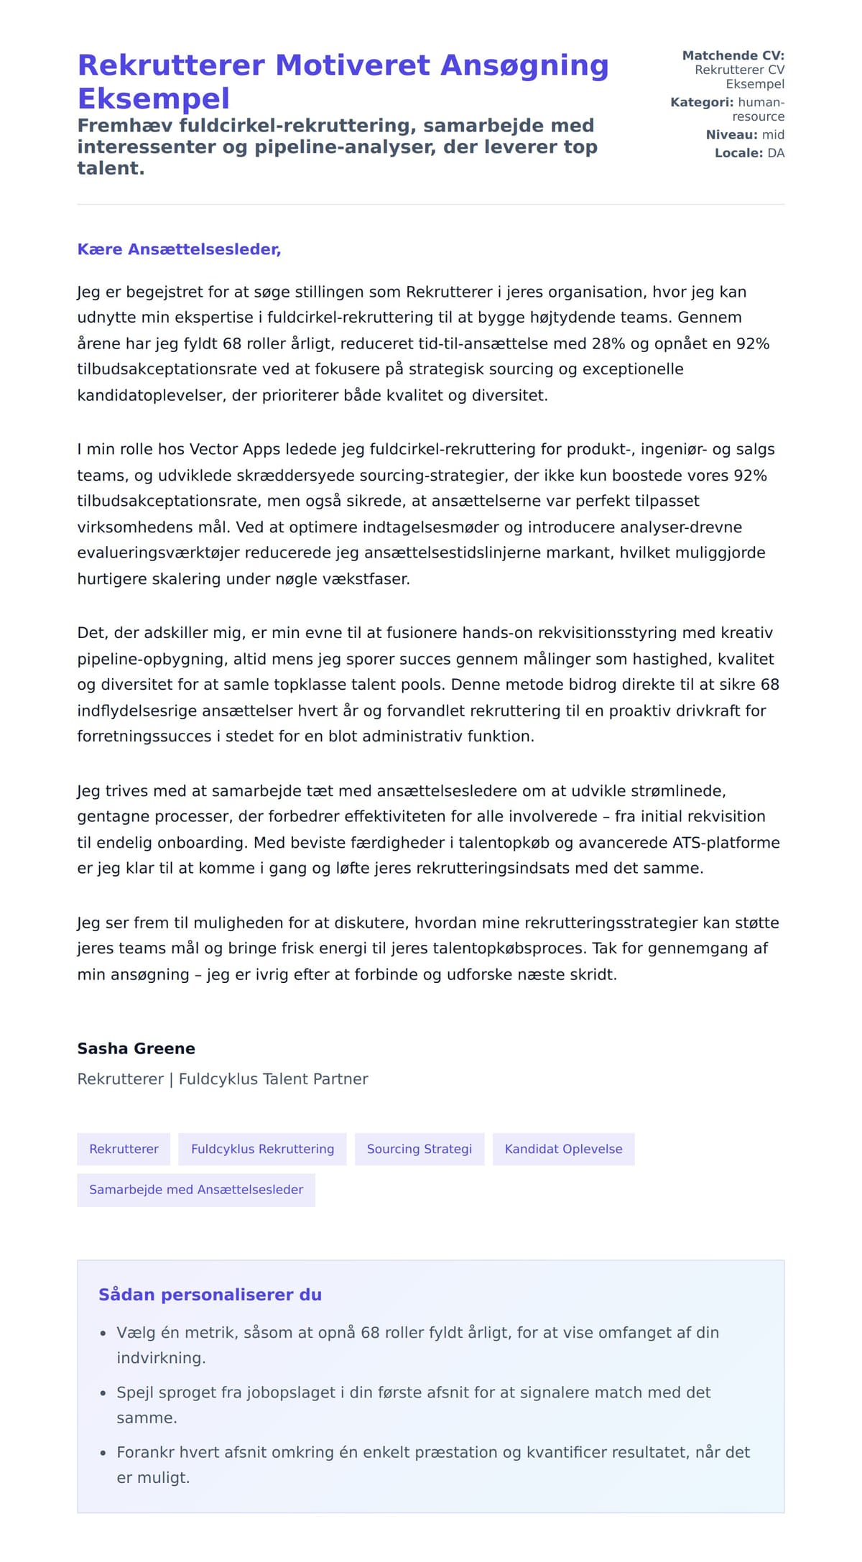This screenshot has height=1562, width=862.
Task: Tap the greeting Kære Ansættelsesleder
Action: point(179,249)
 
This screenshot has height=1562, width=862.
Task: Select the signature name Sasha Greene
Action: point(136,1048)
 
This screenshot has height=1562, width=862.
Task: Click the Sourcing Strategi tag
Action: point(420,1149)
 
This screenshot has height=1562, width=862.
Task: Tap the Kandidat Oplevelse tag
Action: point(563,1149)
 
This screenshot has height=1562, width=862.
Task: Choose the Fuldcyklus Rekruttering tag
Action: point(262,1149)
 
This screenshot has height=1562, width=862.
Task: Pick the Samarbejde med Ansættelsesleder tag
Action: point(196,1189)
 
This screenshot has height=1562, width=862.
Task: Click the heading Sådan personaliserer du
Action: point(210,1295)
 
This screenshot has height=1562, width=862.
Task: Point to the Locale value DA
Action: point(776,153)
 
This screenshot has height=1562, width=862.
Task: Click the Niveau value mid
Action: point(773,135)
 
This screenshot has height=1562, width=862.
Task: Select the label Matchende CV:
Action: point(733,55)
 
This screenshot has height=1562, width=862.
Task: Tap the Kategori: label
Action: point(702,102)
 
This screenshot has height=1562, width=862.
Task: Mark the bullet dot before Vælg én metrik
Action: point(103,1334)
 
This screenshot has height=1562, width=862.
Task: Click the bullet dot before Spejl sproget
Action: point(103,1393)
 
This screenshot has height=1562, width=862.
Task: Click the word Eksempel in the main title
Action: point(154,98)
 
